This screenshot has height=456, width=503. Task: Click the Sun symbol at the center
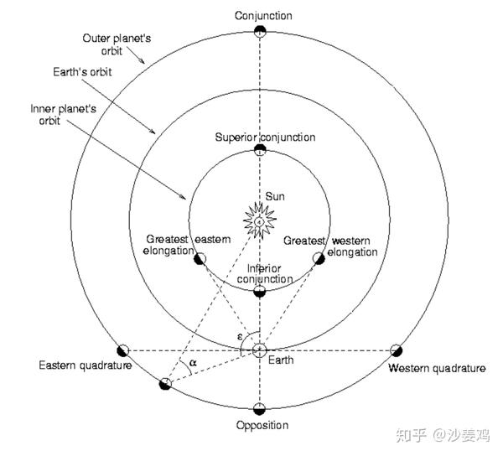tap(260, 221)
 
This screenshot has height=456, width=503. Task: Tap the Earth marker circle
tap(260, 350)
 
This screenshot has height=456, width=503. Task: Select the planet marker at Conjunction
tap(260, 32)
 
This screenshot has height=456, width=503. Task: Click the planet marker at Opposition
tap(260, 409)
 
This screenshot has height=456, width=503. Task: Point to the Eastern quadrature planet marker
tap(123, 351)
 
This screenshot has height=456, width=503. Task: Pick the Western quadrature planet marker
tap(397, 350)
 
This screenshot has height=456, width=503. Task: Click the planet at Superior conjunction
tap(260, 150)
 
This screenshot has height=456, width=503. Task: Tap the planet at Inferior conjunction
tap(260, 292)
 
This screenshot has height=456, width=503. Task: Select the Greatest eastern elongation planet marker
tap(200, 258)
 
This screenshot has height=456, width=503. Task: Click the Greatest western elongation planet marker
tap(319, 258)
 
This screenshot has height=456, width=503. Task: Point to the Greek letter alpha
tap(193, 363)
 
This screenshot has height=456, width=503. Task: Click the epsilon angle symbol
tap(240, 337)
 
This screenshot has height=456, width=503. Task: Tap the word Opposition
tap(262, 426)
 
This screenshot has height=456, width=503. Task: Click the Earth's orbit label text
tap(82, 72)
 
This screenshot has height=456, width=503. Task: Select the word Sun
tap(275, 197)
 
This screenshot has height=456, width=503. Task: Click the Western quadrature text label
tap(437, 368)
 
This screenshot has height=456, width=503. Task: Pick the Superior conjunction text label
tap(265, 137)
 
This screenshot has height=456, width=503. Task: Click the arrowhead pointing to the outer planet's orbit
tap(142, 60)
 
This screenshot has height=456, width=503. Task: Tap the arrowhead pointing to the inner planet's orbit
tap(183, 196)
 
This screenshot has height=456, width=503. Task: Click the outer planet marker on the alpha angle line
tap(165, 384)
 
